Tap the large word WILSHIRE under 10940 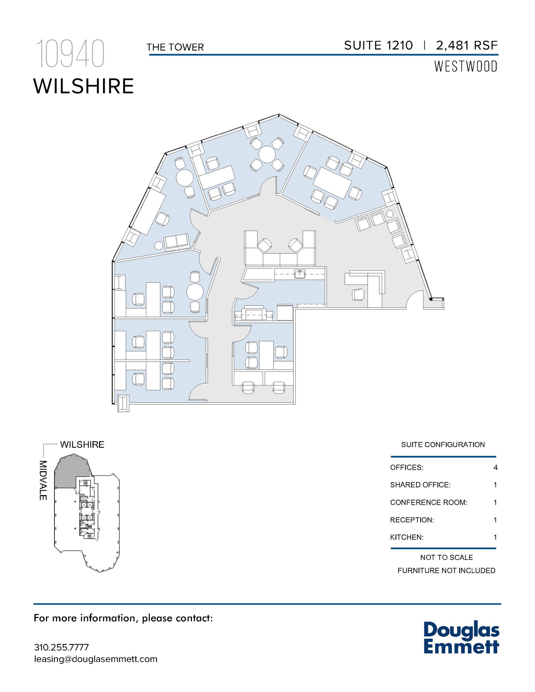point(83,86)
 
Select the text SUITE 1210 point(379,45)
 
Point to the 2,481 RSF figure point(467,45)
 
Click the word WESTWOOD point(466,67)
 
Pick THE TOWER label point(175,47)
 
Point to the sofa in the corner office point(176,241)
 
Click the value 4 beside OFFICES point(495,468)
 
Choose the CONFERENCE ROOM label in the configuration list point(429,502)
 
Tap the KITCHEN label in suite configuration point(407,537)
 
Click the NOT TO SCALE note point(446,558)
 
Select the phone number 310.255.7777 point(62,647)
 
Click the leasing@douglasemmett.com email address point(96,659)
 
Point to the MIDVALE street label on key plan point(43,480)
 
